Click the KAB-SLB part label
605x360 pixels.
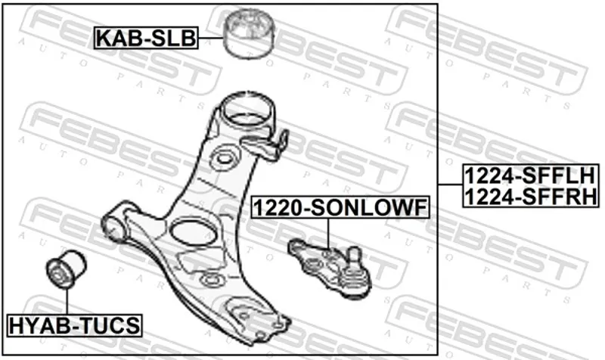pos(146,38)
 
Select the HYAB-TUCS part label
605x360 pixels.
pos(74,325)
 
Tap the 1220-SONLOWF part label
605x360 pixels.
pos(340,207)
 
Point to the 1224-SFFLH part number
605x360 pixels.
pos(531,175)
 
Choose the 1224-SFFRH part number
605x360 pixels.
pos(531,196)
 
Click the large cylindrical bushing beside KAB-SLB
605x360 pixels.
pos(250,34)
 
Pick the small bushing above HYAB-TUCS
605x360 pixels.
pos(66,268)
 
